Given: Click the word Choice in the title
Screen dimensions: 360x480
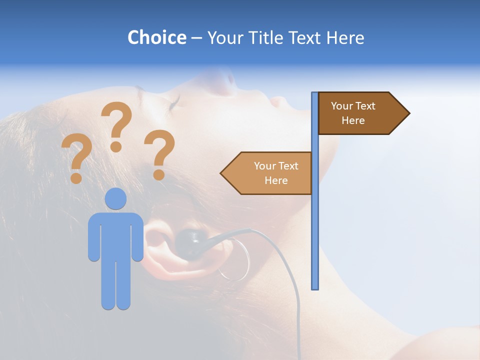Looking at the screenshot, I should (x=156, y=37).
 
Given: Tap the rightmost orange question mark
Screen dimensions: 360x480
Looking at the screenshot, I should (x=160, y=152).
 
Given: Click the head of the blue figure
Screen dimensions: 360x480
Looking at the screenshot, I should (x=115, y=198).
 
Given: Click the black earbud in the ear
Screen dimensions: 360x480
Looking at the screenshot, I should (x=189, y=242).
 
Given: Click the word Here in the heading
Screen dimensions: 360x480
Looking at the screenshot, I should (x=345, y=37).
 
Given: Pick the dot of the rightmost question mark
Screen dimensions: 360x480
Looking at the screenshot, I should (x=159, y=175).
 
